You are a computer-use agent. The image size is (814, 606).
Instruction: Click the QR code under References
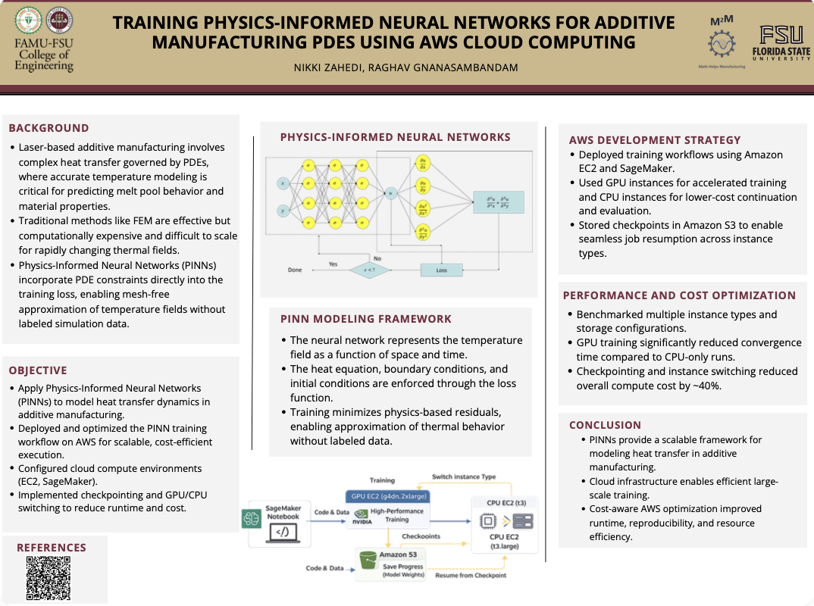point(49,578)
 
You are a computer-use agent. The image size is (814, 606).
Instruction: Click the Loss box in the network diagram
point(442,269)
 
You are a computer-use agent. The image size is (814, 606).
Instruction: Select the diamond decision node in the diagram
point(368,269)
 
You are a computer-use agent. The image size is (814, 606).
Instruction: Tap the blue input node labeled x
point(283,183)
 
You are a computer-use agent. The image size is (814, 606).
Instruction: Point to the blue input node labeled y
point(283,210)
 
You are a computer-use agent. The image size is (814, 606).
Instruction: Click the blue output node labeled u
point(391,193)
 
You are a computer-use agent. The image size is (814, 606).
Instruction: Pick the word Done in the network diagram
point(296,269)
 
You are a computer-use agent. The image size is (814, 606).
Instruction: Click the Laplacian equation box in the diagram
point(498,202)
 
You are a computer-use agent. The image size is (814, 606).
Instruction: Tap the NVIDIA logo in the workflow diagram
point(362,520)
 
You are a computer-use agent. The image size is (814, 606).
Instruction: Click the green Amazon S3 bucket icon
point(368,560)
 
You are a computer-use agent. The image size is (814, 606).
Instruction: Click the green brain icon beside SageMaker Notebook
point(251,518)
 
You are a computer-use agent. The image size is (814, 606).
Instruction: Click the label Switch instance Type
point(464,477)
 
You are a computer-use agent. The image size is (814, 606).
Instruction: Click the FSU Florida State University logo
point(785,42)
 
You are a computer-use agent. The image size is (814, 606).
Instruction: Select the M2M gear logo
point(721,43)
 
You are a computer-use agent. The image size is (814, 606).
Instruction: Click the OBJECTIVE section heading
point(38,370)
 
